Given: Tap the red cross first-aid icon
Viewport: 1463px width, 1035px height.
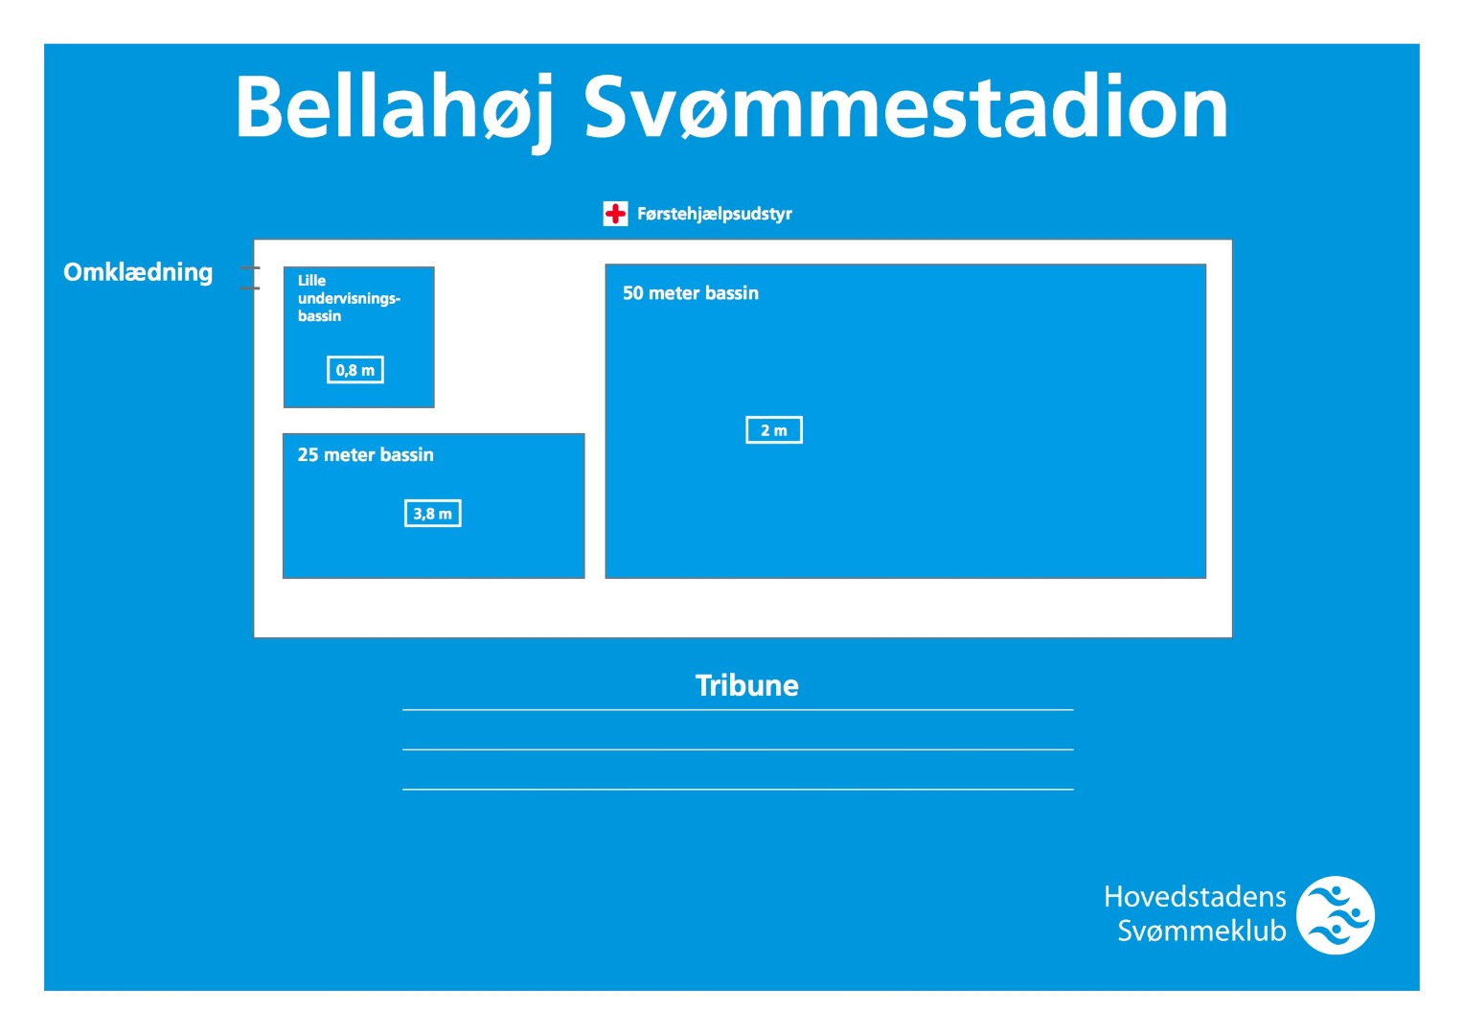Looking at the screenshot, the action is coord(615,214).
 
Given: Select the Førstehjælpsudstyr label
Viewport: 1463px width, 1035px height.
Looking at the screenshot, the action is coord(715,215).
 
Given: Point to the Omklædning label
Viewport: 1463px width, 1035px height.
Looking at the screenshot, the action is coord(138,272).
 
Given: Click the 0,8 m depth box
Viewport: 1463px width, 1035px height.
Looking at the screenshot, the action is coord(355,370).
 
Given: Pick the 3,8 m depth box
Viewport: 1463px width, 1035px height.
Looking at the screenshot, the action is coord(432,514).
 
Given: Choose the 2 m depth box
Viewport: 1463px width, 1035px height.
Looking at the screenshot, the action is coord(774,430).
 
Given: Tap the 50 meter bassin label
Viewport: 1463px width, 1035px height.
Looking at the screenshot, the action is coord(691,293).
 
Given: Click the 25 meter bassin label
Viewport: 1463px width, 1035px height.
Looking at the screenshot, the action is coord(366,455).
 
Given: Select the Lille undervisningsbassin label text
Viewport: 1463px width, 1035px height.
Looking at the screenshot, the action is coord(349,298).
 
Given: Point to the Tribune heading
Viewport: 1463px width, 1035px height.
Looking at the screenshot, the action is coord(746,685).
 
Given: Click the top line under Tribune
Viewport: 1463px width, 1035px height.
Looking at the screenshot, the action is coord(738,709).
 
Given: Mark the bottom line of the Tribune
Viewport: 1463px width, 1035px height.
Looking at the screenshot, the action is coord(738,790).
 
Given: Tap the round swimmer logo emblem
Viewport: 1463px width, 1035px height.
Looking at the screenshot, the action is coord(1335,915).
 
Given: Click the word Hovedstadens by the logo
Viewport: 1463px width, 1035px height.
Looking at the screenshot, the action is coord(1195,896).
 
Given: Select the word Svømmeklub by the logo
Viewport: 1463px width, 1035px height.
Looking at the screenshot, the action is coord(1201,931).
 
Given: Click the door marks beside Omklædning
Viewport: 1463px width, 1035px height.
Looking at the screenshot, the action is coord(250,278).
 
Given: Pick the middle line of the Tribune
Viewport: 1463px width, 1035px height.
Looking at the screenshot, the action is coord(738,749).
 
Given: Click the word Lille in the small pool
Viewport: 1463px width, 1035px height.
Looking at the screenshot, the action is coord(311,280).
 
